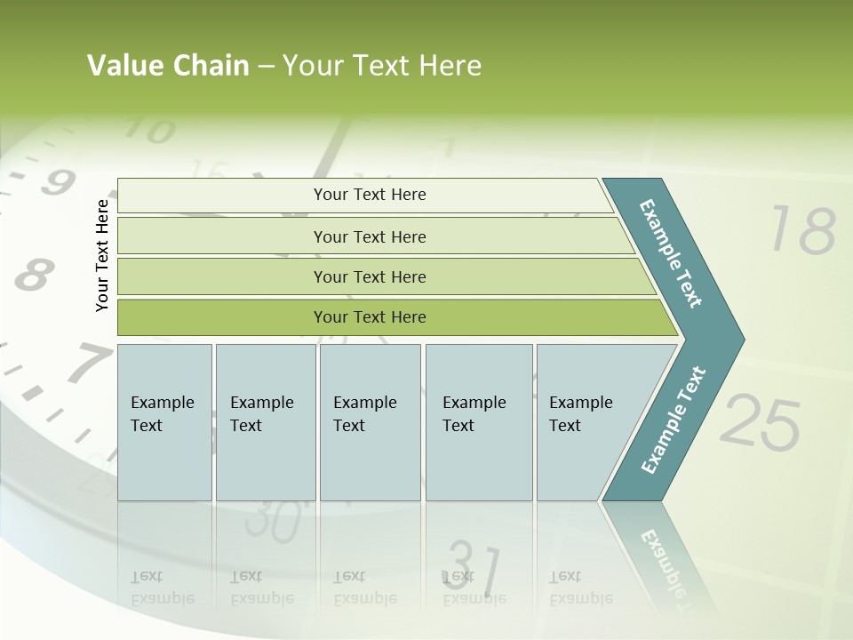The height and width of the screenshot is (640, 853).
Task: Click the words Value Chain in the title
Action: [168, 66]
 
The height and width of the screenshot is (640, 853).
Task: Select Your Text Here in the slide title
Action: [382, 66]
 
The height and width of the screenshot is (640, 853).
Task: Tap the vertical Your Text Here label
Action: [102, 255]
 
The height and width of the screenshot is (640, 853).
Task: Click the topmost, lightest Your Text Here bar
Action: [369, 195]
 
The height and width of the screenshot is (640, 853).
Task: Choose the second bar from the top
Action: [369, 236]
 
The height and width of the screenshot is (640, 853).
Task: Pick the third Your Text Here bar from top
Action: [369, 276]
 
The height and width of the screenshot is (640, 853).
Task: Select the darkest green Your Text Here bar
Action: [369, 317]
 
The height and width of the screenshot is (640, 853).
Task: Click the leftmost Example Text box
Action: [164, 422]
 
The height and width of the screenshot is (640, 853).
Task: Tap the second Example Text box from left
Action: [265, 422]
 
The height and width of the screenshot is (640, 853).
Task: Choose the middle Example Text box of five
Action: [370, 422]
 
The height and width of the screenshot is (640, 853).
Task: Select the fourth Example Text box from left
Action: [478, 422]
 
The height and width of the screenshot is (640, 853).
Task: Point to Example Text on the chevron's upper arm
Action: [671, 253]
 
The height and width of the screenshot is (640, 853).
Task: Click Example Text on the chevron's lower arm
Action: [674, 420]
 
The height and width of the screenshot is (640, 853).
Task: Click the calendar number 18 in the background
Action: [802, 230]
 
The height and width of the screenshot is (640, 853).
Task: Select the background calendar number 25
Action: [760, 422]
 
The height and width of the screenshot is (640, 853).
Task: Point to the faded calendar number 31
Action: [472, 565]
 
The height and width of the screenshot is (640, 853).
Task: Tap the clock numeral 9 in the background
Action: [57, 183]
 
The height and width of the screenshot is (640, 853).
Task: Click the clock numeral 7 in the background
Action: [87, 364]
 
